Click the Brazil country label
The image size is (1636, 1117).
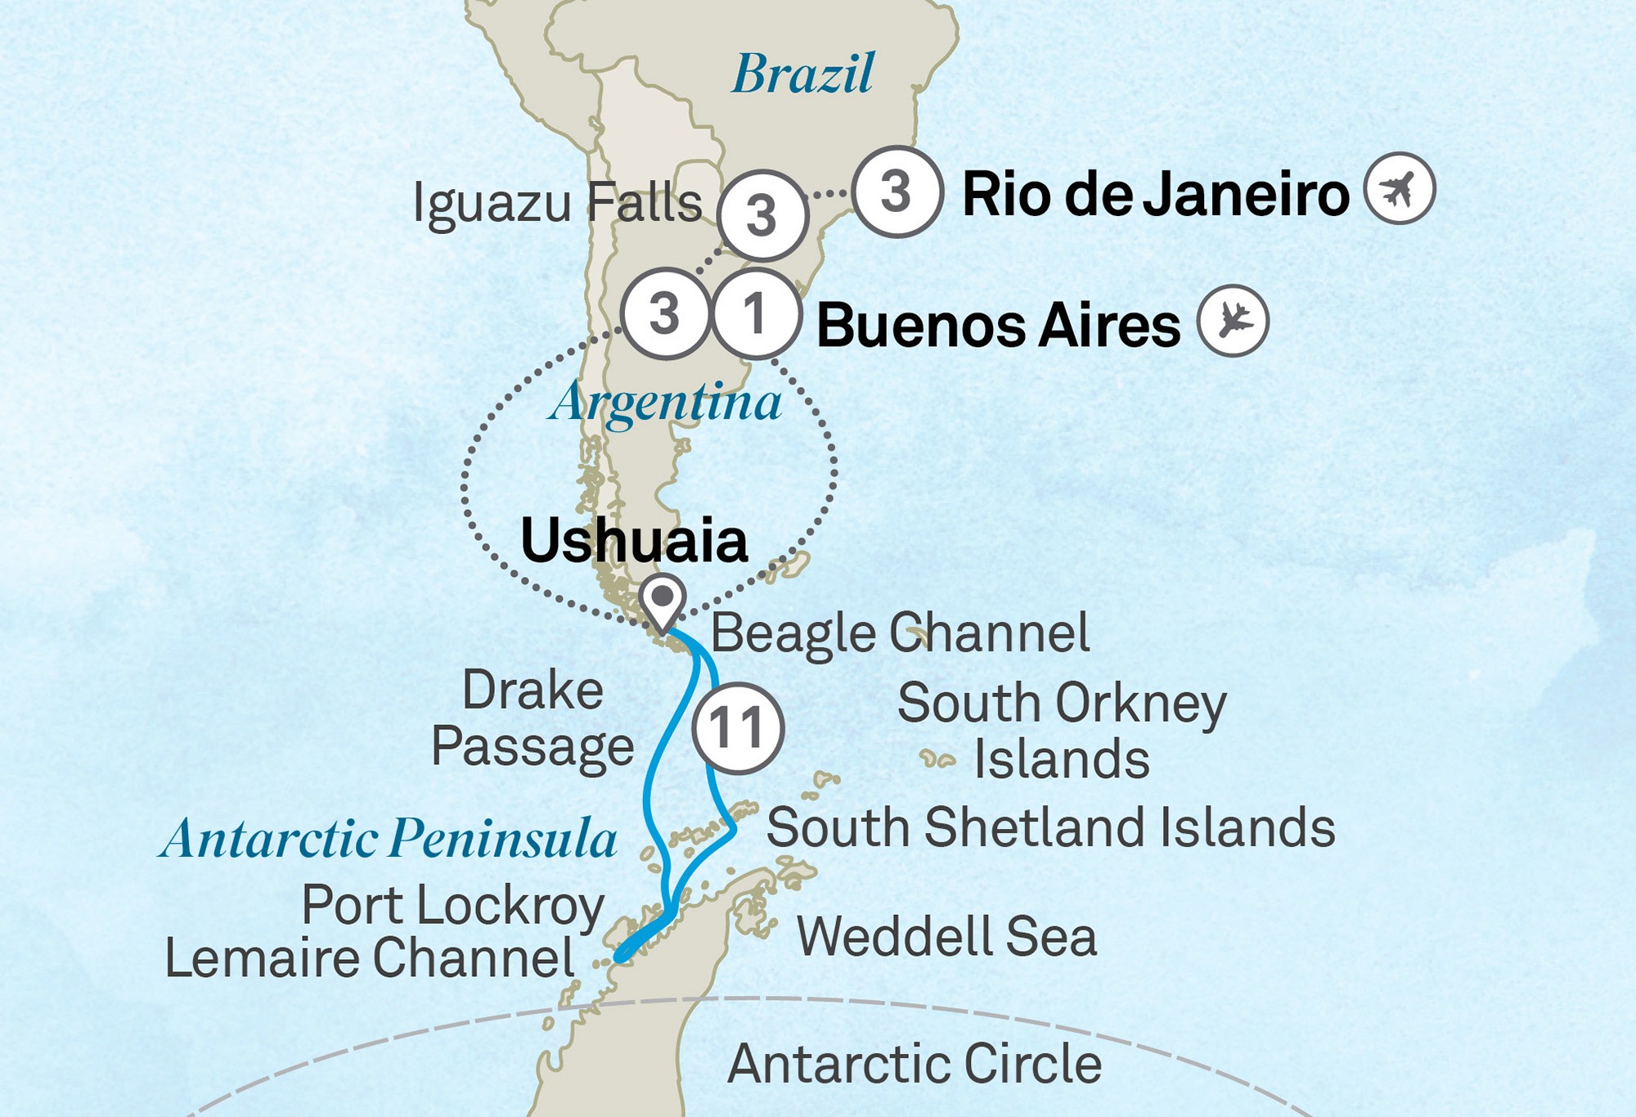(x=802, y=74)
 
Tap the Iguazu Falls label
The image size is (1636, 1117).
(x=557, y=203)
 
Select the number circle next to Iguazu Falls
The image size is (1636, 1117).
(x=762, y=216)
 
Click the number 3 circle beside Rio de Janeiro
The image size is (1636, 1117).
(x=897, y=191)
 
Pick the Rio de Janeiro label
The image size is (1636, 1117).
(x=1155, y=195)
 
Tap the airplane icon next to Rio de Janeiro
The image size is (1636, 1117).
(x=1400, y=188)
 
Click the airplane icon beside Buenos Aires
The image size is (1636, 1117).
(x=1233, y=320)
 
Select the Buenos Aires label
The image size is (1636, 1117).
(x=998, y=325)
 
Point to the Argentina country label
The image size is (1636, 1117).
(x=665, y=403)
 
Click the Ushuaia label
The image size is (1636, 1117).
(x=634, y=540)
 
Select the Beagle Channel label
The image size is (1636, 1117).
(x=900, y=633)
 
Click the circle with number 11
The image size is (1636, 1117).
(x=738, y=727)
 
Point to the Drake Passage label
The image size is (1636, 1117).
(x=533, y=718)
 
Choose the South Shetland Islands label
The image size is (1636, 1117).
(x=1050, y=827)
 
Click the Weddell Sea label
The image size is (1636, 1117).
(x=946, y=936)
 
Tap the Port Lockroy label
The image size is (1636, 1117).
(x=452, y=906)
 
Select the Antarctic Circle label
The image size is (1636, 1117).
(x=914, y=1063)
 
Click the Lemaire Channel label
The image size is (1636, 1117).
(x=369, y=958)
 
